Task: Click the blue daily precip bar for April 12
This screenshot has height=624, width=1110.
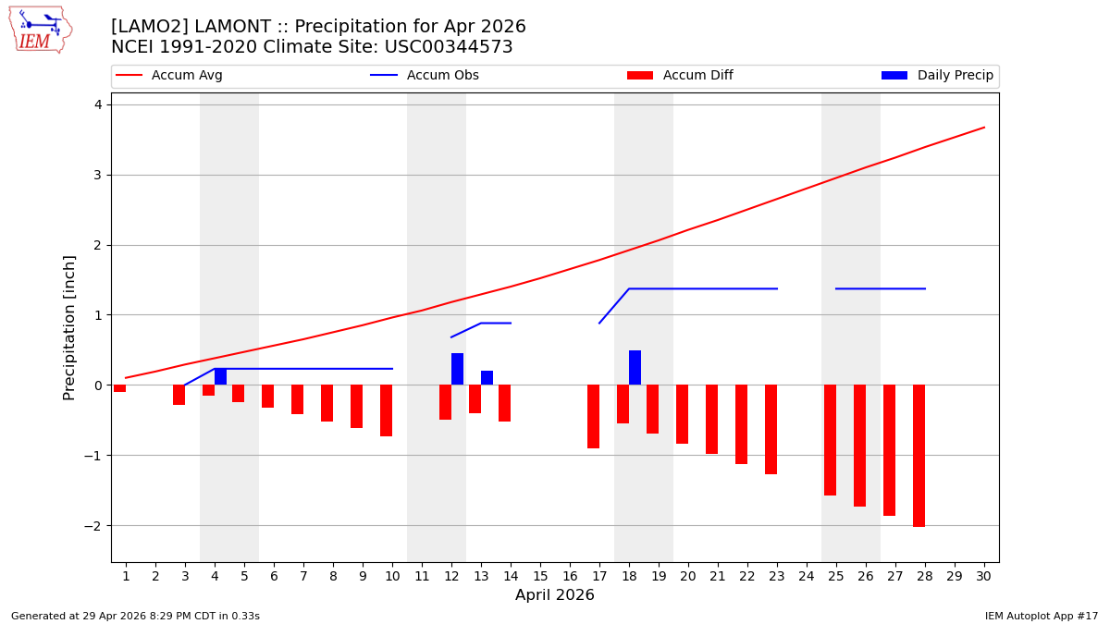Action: pos(457,369)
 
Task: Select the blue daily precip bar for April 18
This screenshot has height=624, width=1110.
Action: pos(635,368)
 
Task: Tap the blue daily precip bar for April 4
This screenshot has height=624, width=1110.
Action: pos(220,376)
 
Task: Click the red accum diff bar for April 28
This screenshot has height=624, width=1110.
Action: pos(919,456)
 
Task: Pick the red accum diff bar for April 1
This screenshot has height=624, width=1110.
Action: pos(119,388)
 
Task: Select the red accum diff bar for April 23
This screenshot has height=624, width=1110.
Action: pos(771,429)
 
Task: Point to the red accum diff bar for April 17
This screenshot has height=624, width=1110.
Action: pos(593,416)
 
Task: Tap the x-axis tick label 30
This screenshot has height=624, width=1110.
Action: pos(984,576)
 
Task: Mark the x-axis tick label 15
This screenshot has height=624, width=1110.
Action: pos(540,576)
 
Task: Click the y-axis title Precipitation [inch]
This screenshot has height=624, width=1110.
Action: pos(69,327)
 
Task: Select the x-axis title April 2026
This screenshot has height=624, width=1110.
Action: pos(555,595)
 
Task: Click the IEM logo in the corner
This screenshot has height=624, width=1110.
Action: pos(40,30)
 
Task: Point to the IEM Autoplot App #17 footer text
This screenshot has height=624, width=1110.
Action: pos(1042,616)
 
